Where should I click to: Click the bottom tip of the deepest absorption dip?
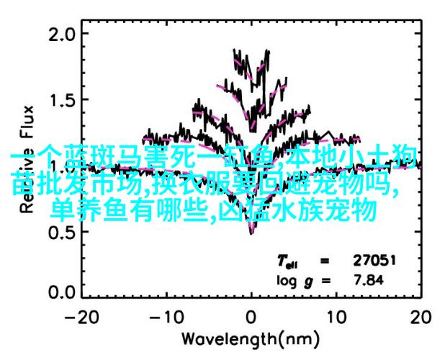251,232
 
